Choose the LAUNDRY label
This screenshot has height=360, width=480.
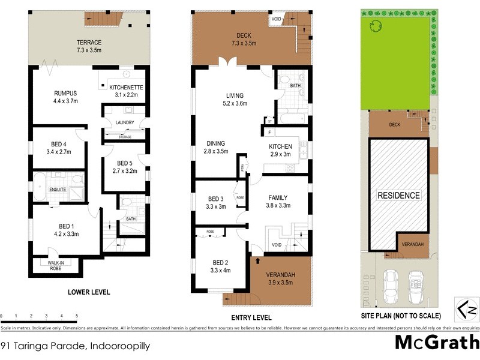pos(124,122)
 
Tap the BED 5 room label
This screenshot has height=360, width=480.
pos(125,163)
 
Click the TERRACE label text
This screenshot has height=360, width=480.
pos(88,43)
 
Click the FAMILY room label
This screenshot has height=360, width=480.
pos(278,197)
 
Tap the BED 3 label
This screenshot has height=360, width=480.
pos(216,199)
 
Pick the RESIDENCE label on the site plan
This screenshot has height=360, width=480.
pos(398,195)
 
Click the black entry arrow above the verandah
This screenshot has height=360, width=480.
pos(258,261)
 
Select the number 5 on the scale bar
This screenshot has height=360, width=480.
pos(76,316)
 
